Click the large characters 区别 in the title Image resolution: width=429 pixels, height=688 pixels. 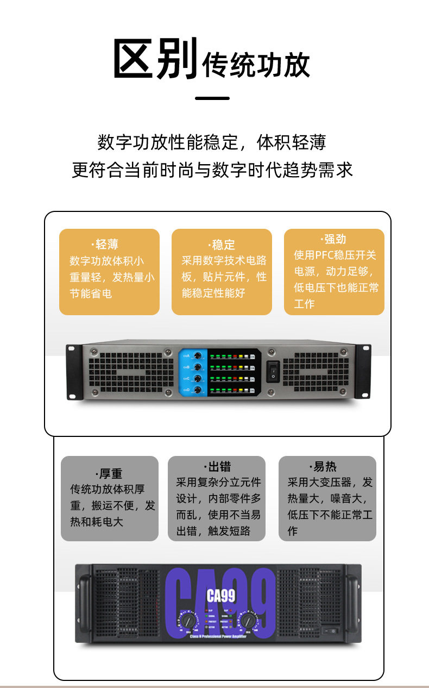[155, 59]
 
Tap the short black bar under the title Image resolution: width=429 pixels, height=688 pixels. [212, 98]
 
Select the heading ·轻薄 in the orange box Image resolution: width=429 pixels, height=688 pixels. [105, 245]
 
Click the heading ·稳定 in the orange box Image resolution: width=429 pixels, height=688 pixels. [222, 245]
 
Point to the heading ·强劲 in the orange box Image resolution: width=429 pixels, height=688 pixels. [333, 239]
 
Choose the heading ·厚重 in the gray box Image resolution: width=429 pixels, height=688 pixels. [109, 473]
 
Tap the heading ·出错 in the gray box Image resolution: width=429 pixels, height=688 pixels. [218, 466]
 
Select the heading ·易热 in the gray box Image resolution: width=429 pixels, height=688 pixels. [324, 466]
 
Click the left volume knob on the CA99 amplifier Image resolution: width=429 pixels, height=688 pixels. [188, 621]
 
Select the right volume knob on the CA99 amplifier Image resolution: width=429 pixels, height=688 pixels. [250, 621]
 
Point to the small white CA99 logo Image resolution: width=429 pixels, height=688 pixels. [221, 596]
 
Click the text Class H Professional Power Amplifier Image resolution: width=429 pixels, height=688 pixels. [220, 636]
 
